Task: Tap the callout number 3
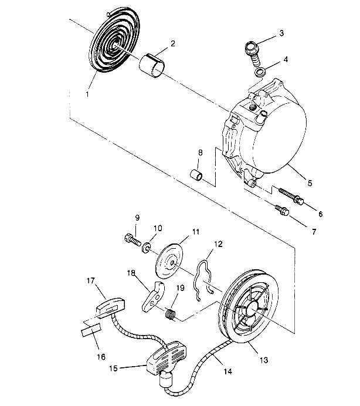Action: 281,33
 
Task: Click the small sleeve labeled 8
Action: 197,175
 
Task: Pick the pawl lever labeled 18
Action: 152,296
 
